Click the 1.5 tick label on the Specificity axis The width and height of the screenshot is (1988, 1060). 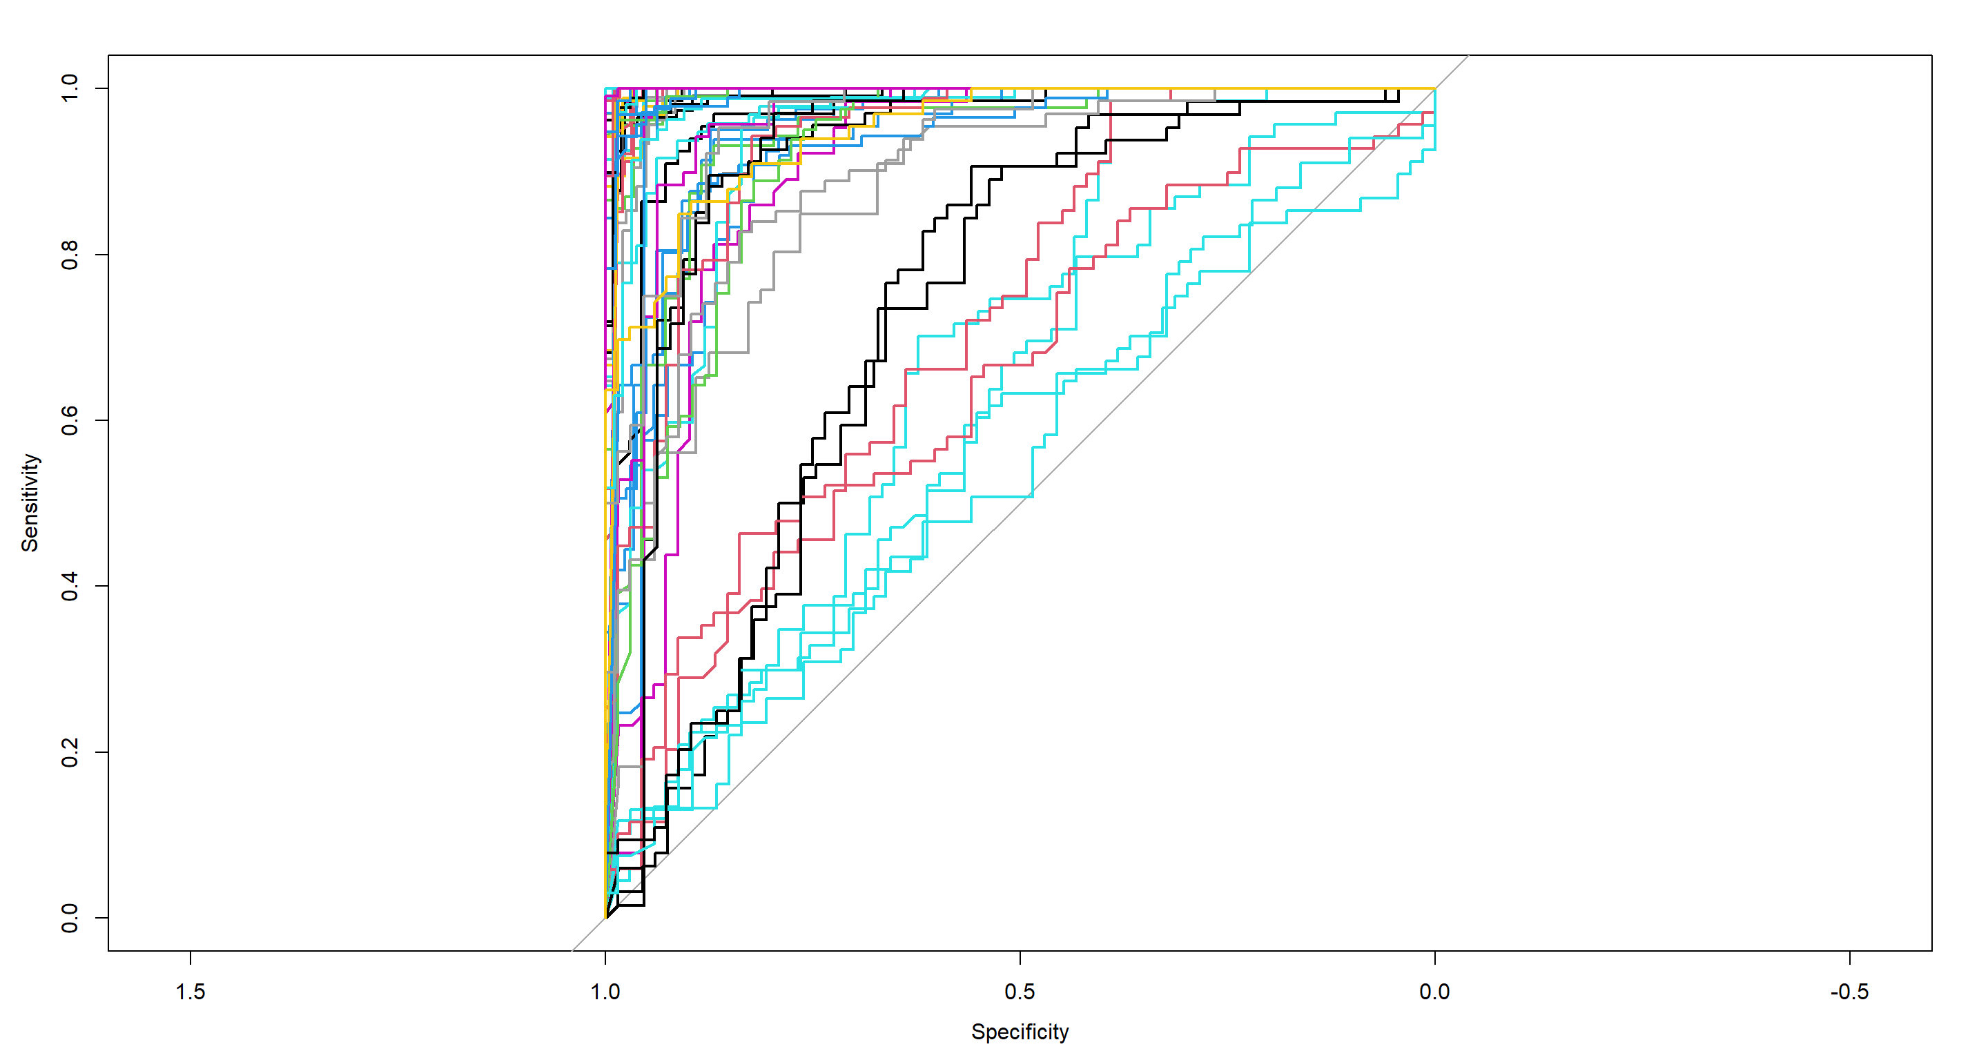(190, 992)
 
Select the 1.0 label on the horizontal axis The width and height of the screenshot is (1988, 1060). (605, 992)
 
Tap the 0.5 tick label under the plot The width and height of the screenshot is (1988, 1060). (1020, 992)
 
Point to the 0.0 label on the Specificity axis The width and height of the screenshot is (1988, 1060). (1434, 992)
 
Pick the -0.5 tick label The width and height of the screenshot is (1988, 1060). (1849, 992)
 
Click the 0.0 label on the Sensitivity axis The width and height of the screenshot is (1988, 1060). (70, 917)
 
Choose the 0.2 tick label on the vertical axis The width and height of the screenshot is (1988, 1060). (70, 752)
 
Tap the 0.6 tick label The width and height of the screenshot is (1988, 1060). (70, 420)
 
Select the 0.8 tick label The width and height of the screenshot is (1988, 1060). (70, 254)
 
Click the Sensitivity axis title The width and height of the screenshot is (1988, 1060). (29, 502)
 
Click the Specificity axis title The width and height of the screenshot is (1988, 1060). (1020, 1032)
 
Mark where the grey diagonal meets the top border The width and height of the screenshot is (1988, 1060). (1467, 55)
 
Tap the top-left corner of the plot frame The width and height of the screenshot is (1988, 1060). (109, 55)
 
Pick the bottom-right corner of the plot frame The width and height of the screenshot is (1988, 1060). (1931, 950)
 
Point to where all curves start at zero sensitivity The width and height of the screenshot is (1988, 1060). (606, 917)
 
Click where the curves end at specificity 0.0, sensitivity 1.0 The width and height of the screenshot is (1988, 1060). (1434, 89)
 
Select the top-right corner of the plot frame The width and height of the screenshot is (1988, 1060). (1931, 55)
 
